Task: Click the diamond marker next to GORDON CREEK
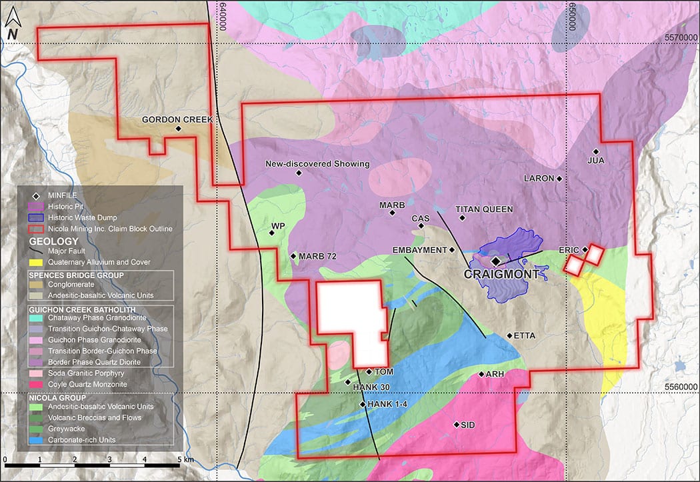pos(178,129)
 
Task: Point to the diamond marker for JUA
pos(595,151)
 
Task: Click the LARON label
pos(539,179)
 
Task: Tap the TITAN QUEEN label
pos(484,209)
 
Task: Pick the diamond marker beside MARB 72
pos(293,256)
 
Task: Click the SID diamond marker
pos(456,424)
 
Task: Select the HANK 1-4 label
pos(384,404)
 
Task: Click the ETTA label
pos(525,335)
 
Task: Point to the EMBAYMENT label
pos(419,250)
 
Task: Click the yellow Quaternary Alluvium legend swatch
pos(36,262)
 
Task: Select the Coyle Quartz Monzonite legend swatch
pos(36,384)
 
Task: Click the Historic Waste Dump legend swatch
pos(36,218)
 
